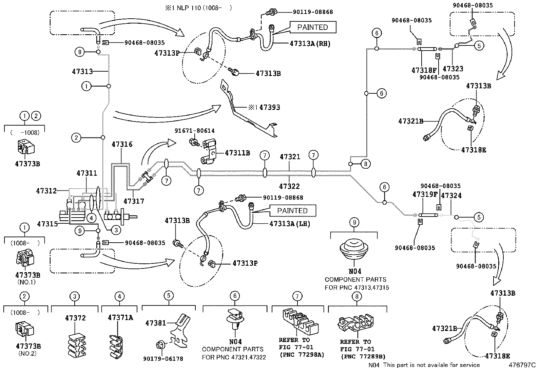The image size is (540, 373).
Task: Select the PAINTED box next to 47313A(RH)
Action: [312, 27]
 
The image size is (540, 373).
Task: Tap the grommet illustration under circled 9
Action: [354, 250]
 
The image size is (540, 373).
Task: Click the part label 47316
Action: [122, 144]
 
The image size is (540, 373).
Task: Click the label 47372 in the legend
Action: [75, 318]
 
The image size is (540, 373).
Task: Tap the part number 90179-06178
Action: [163, 358]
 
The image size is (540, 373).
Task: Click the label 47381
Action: [156, 323]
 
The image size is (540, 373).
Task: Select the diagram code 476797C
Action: [522, 365]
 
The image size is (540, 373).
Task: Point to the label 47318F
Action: [424, 70]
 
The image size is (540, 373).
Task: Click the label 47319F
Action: [424, 195]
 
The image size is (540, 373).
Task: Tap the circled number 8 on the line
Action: [365, 164]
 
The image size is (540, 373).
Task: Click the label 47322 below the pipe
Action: [289, 186]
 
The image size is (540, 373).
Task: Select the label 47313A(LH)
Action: [290, 224]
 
